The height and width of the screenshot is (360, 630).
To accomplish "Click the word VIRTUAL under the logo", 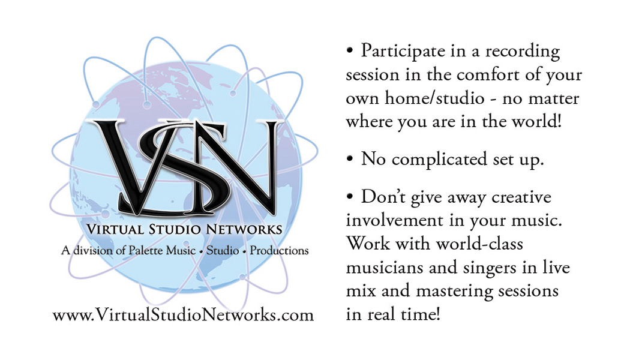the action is click(115, 229).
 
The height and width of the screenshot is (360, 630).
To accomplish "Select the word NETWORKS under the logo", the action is click(244, 229).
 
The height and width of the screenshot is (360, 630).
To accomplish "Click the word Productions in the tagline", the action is click(279, 250).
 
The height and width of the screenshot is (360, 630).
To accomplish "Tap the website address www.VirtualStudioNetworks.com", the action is click(183, 314).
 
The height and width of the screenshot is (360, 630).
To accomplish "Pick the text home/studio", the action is click(434, 98).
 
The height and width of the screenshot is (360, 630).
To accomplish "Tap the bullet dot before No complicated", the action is click(350, 160).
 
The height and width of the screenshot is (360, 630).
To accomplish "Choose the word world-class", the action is click(480, 244).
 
